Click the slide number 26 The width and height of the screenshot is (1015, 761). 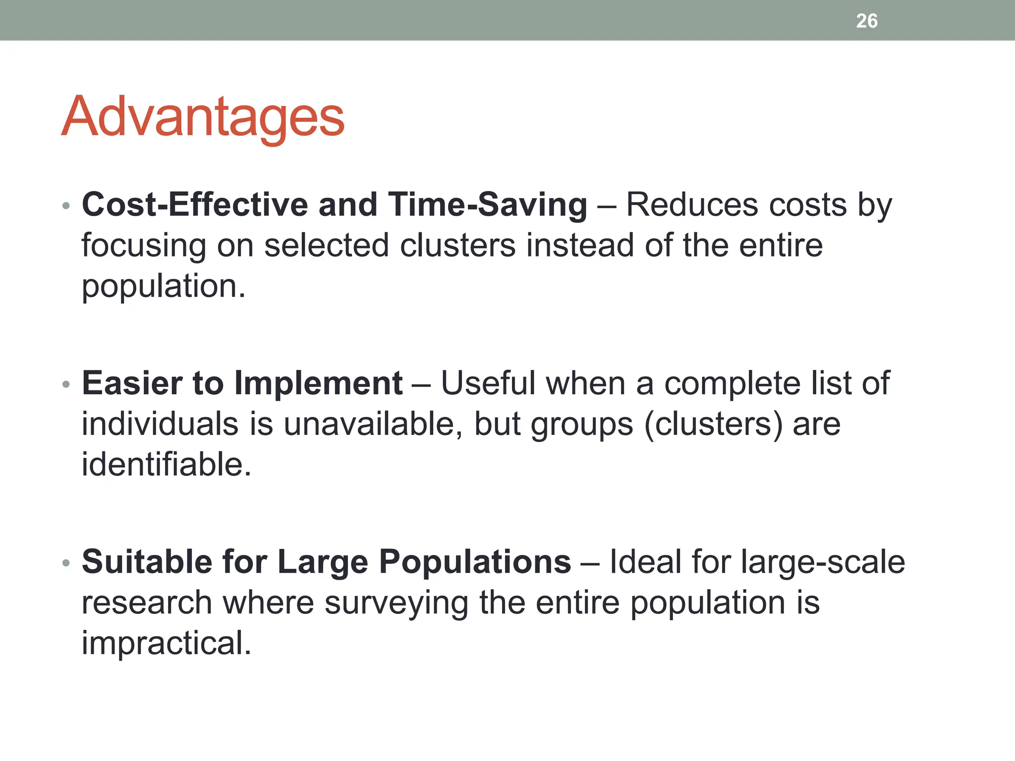[866, 21]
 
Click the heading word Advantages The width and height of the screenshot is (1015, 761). [203, 117]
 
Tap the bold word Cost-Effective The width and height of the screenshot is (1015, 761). [195, 205]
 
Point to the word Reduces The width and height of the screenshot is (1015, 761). [687, 205]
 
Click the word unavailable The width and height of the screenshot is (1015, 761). [373, 424]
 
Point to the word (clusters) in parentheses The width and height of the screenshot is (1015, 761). [714, 424]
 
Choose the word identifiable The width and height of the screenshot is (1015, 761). [166, 465]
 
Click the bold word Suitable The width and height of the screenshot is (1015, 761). [147, 562]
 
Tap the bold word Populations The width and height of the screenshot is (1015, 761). [475, 562]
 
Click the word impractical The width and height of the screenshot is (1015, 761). [166, 643]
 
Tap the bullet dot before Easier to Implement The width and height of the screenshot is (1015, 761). [66, 384]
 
